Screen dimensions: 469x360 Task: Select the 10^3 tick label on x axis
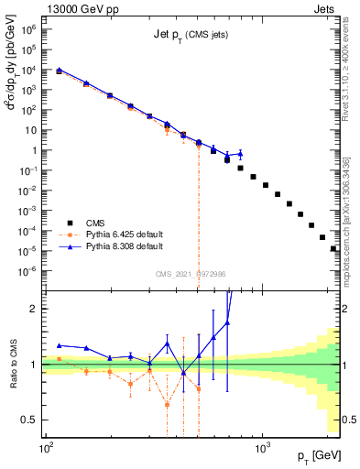pos(262,449)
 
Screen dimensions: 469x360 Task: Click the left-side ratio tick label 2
pos(35,309)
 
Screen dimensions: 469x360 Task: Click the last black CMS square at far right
pos(333,248)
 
